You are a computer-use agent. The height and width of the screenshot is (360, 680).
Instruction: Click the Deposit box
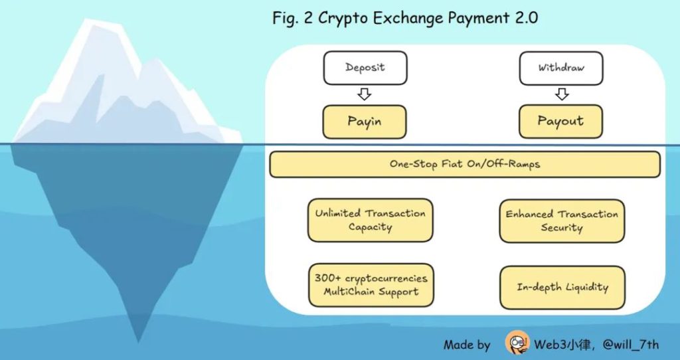click(365, 68)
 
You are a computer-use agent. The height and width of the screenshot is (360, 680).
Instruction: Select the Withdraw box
click(561, 68)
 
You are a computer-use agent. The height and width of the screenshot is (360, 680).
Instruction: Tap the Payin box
click(364, 122)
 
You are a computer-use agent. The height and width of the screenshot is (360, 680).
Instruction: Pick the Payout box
click(560, 122)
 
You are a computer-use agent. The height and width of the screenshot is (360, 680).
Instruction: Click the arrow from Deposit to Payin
click(364, 95)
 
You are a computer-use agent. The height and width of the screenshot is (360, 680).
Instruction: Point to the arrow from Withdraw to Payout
click(562, 95)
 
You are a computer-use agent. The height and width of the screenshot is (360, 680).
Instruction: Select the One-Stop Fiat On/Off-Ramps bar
click(465, 164)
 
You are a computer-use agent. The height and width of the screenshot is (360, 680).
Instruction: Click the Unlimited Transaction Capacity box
click(370, 220)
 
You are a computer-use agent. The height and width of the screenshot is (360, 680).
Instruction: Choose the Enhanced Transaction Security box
click(562, 221)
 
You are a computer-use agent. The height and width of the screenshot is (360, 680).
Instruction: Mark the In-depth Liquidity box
click(562, 287)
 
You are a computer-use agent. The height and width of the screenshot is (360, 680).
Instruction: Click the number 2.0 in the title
click(523, 17)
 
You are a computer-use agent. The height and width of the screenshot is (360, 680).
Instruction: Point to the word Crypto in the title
click(343, 18)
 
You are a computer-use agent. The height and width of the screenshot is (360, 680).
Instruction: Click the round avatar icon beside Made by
click(517, 343)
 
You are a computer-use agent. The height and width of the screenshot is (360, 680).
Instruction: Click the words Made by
click(467, 344)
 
